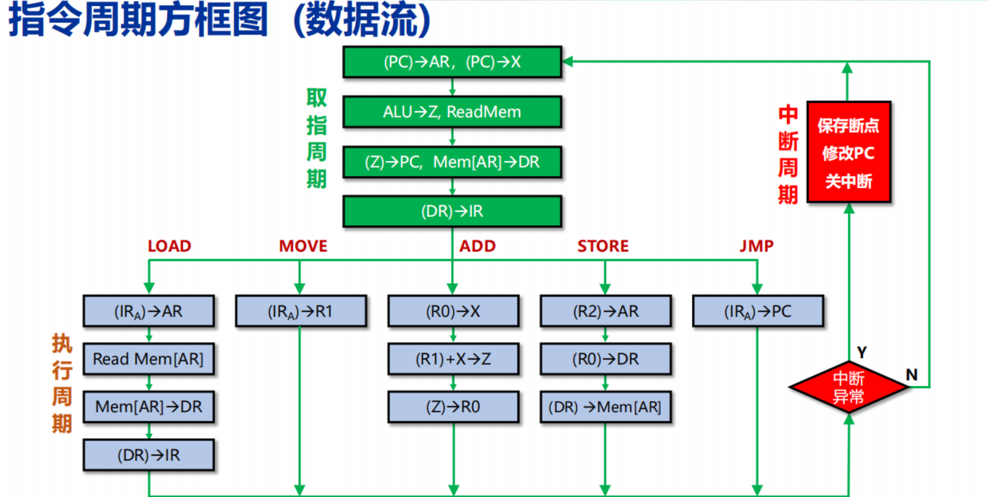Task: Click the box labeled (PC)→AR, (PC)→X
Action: pyautogui.click(x=452, y=62)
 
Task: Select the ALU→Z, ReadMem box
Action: pyautogui.click(x=452, y=112)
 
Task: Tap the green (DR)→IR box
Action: pyautogui.click(x=452, y=211)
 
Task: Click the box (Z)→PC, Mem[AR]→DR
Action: pyautogui.click(x=452, y=162)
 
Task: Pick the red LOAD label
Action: pyautogui.click(x=169, y=246)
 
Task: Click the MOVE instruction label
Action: pyautogui.click(x=303, y=246)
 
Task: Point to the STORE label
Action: pyautogui.click(x=603, y=246)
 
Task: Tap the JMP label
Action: pyautogui.click(x=756, y=246)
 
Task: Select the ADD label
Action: pyautogui.click(x=477, y=246)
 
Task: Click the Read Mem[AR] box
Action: pyautogui.click(x=149, y=359)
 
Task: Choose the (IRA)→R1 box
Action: pyautogui.click(x=301, y=311)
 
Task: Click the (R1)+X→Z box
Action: pyautogui.click(x=453, y=359)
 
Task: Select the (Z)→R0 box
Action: pyautogui.click(x=453, y=406)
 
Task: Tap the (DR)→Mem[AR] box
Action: pyautogui.click(x=606, y=406)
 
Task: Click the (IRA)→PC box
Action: pyautogui.click(x=758, y=311)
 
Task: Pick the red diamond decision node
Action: pyautogui.click(x=849, y=387)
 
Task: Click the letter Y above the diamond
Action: pyautogui.click(x=862, y=352)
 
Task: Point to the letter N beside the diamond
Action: pyautogui.click(x=912, y=375)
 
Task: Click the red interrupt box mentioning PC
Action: pyautogui.click(x=849, y=152)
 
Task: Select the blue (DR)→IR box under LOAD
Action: pyautogui.click(x=149, y=455)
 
